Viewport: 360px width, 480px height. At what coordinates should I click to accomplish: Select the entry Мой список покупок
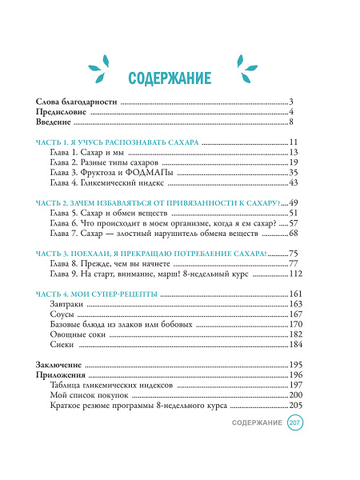coord(88,395)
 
